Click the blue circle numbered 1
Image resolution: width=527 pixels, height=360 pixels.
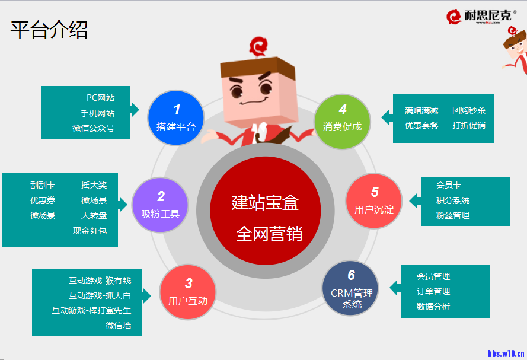176,117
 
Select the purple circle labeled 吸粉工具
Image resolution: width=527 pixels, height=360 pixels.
160,205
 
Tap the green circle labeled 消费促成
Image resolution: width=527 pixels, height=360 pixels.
342,122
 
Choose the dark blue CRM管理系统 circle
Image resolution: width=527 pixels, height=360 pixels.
350,288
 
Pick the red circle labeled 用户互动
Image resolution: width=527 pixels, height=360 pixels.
187,292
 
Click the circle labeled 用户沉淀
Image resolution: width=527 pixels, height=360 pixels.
374,201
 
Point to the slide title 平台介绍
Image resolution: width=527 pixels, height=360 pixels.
49,30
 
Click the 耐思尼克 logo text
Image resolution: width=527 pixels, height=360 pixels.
488,15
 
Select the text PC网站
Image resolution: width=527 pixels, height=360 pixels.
101,98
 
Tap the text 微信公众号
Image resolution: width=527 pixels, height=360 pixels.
94,128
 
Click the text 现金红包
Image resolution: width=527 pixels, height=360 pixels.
90,231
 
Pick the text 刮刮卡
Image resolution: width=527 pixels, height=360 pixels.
43,185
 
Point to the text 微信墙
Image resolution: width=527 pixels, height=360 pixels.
119,326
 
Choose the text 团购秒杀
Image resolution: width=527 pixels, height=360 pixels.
469,110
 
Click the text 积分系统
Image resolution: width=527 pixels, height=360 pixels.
453,200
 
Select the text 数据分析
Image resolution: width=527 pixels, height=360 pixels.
433,306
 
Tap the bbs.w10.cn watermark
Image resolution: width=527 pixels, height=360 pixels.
506,353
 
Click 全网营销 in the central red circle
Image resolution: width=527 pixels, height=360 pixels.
269,234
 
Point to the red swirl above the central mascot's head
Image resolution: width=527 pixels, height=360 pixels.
258,46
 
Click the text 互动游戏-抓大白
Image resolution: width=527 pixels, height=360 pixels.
100,295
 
